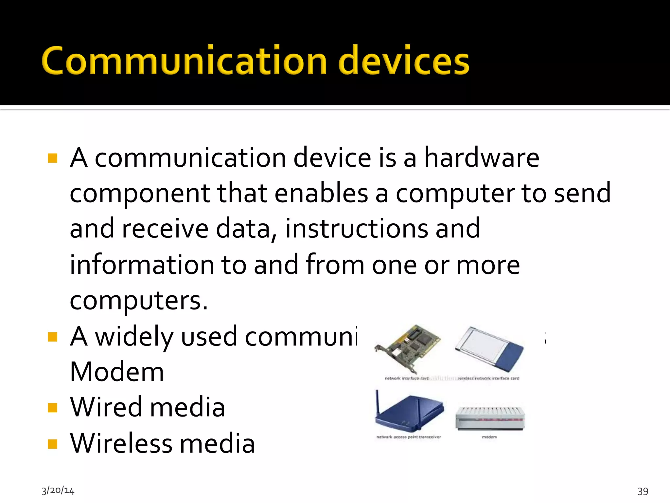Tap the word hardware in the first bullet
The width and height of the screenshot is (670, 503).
[x=482, y=158]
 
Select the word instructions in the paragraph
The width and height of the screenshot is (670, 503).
[x=357, y=229]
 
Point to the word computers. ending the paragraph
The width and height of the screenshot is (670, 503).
[x=139, y=301]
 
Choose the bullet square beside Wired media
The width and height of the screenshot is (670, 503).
[x=52, y=408]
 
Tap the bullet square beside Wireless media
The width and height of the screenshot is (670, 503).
[x=52, y=444]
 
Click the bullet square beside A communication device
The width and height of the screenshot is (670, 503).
[x=52, y=158]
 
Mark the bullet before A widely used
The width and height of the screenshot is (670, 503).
[x=52, y=337]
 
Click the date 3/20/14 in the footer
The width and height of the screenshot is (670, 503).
[x=58, y=491]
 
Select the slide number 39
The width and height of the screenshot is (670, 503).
[x=643, y=491]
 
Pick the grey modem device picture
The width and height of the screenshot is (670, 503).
[x=490, y=419]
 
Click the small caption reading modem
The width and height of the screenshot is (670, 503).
[x=489, y=437]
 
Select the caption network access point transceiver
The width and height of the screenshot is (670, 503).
[x=409, y=437]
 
